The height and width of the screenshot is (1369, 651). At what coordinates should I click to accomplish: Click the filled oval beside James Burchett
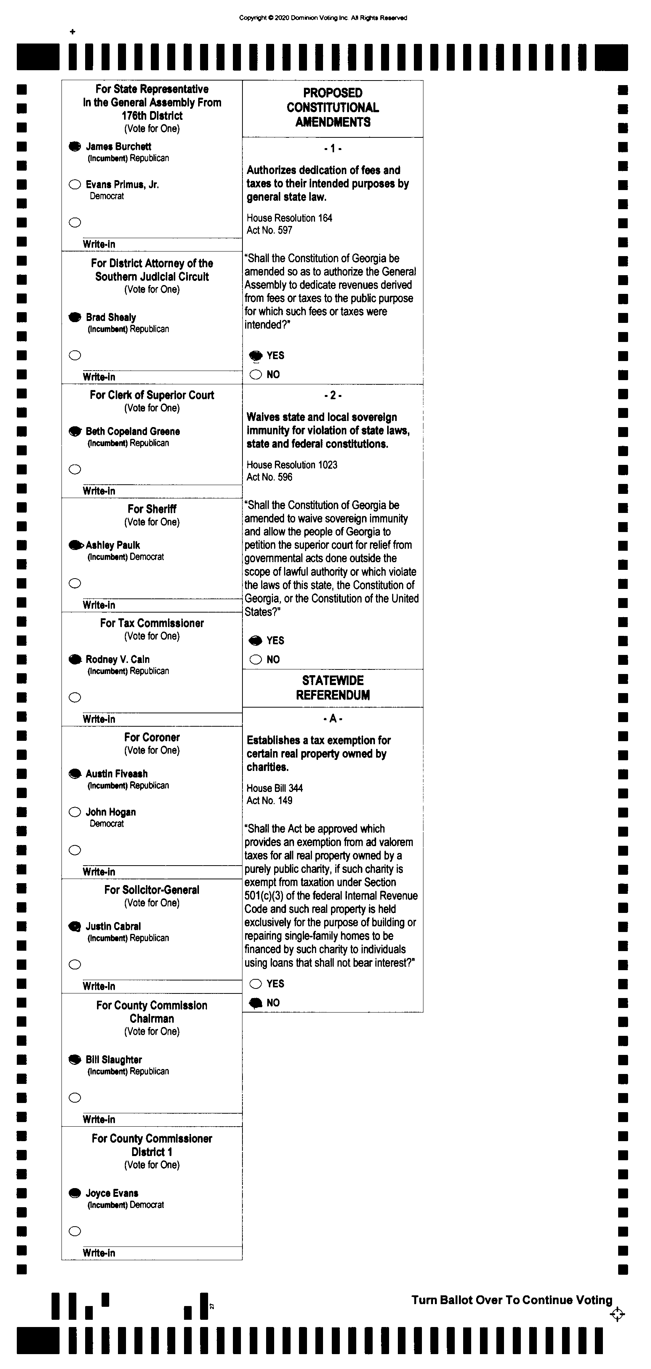point(75,147)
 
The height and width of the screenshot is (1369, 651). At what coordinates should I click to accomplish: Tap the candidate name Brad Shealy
point(111,317)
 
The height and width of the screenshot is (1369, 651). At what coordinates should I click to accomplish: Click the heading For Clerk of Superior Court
point(152,395)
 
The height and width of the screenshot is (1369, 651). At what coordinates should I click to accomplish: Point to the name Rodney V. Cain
point(118,660)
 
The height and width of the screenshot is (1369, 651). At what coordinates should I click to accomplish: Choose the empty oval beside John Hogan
point(75,812)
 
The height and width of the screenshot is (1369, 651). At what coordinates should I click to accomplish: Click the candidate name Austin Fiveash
point(116,774)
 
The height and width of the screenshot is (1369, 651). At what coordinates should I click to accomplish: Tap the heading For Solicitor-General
point(152,890)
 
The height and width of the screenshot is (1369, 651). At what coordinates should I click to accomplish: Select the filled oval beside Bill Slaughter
point(75,1060)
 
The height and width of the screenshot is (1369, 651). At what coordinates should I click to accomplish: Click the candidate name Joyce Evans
point(112,1193)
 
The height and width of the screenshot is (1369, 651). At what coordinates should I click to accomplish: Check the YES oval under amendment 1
point(256,356)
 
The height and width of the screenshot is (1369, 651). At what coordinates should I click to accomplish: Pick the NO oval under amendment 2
point(256,660)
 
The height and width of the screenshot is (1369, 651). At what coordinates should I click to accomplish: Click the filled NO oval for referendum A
point(256,1003)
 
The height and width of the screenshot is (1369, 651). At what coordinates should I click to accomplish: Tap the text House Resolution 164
point(289,218)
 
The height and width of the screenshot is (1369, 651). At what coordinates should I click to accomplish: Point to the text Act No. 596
point(269,477)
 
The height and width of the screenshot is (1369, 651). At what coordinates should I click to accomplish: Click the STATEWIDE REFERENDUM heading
point(333,688)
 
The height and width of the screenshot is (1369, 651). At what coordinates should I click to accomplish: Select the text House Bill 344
point(275,788)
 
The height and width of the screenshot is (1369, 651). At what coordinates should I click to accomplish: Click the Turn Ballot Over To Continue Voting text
point(512,1300)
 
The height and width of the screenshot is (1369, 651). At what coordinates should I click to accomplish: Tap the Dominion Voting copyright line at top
point(323,18)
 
